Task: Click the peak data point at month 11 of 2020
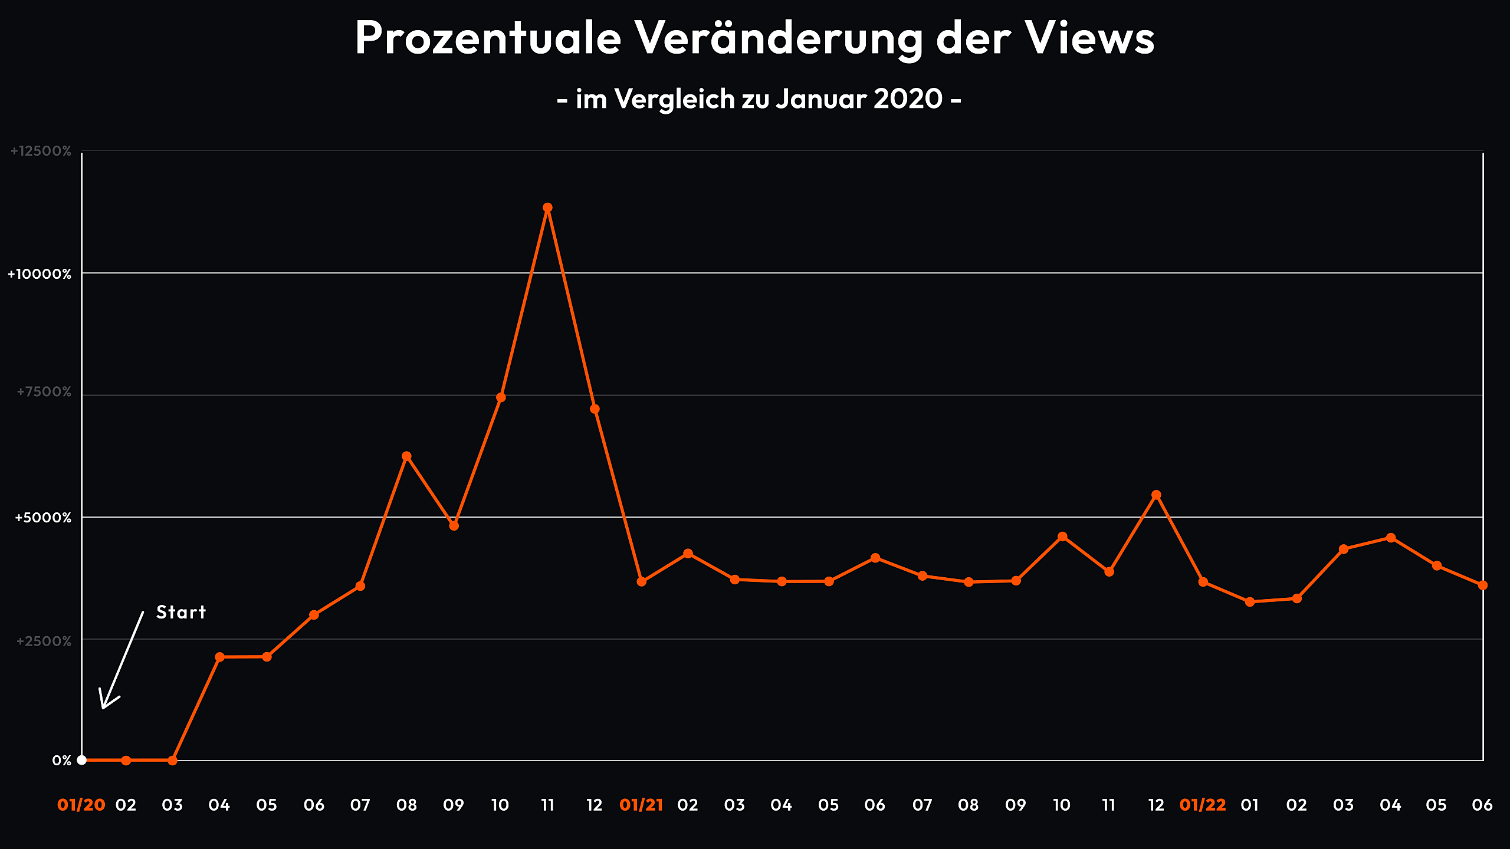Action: click(x=547, y=208)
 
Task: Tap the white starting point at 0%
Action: click(x=82, y=760)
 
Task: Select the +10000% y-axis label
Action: click(x=40, y=274)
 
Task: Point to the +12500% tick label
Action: click(x=41, y=151)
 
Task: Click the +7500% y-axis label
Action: click(x=44, y=392)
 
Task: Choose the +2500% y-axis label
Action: click(x=44, y=641)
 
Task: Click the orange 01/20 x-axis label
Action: click(x=81, y=805)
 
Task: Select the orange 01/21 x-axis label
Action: click(x=641, y=805)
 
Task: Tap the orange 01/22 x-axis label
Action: click(x=1202, y=805)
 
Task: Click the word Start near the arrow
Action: click(x=181, y=612)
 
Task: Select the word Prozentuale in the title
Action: click(x=488, y=38)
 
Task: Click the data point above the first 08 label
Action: click(x=406, y=456)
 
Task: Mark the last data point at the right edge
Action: click(x=1483, y=585)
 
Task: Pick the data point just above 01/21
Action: click(x=641, y=582)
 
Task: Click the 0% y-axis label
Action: click(x=62, y=761)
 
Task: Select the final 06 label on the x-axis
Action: click(x=1482, y=805)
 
